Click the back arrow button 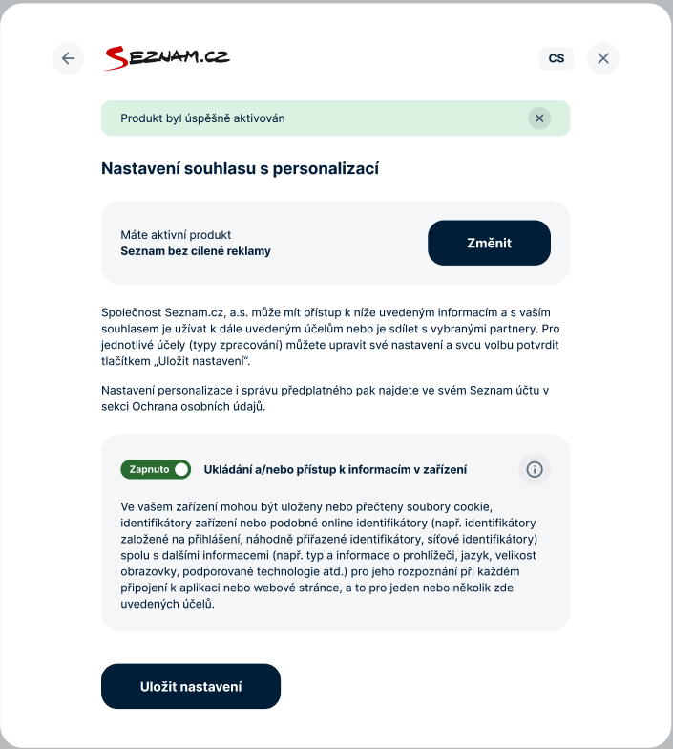(x=68, y=58)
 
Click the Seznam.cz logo (x=166, y=58)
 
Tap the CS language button (x=557, y=58)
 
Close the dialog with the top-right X (x=603, y=58)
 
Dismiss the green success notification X (x=539, y=118)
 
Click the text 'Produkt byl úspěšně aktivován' (x=202, y=118)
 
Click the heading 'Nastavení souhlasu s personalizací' (x=240, y=169)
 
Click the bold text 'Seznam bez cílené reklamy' (x=196, y=251)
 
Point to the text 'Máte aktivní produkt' (x=176, y=235)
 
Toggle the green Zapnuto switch (x=156, y=469)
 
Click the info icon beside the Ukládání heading (x=535, y=469)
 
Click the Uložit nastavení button (x=191, y=686)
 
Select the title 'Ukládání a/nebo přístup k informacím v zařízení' (x=335, y=469)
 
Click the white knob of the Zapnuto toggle (x=181, y=469)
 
